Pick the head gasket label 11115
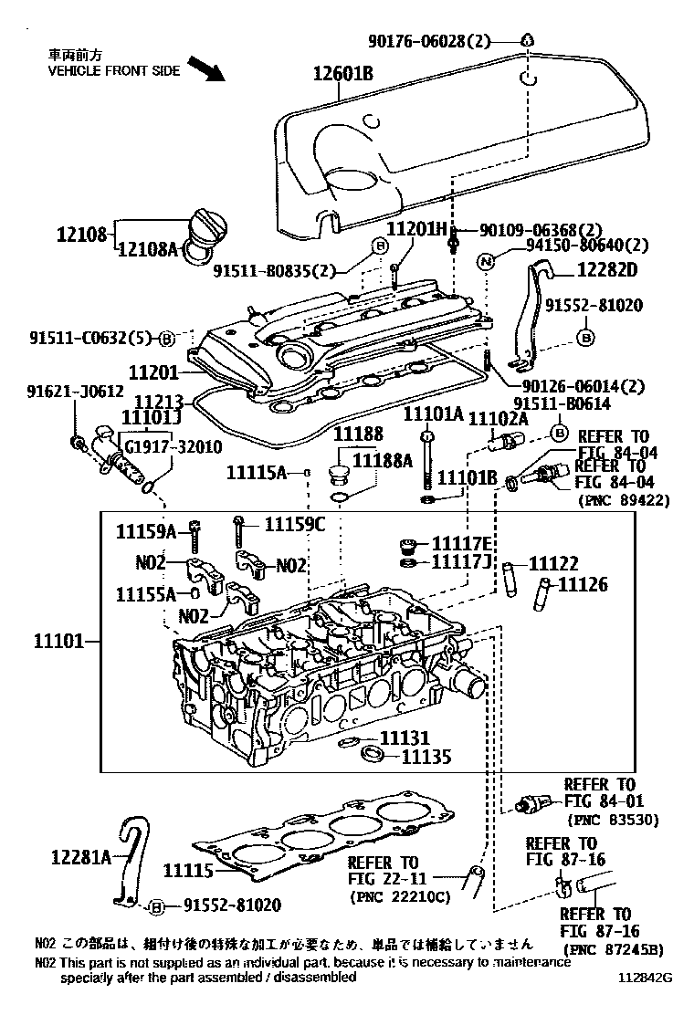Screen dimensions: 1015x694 (x=189, y=871)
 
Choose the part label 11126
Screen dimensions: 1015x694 (x=583, y=585)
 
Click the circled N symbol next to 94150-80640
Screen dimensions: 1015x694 (x=487, y=261)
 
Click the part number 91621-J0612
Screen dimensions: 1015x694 (x=74, y=391)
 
